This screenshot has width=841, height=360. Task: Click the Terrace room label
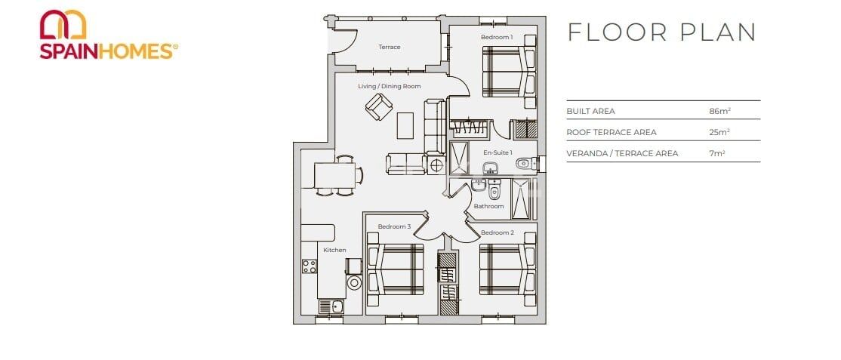[389, 48]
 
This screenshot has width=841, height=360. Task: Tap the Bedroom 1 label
[497, 37]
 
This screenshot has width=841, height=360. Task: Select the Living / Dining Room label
[389, 86]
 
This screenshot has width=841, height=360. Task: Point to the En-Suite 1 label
[498, 152]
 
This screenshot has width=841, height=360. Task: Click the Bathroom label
[488, 206]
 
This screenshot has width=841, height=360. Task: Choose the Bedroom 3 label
[394, 226]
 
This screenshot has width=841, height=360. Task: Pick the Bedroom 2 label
[498, 232]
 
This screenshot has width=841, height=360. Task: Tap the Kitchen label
[334, 250]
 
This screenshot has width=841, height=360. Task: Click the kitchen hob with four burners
[310, 266]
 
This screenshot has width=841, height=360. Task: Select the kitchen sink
[330, 306]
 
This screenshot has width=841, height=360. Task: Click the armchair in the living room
[377, 107]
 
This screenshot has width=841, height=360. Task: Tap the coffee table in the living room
[406, 125]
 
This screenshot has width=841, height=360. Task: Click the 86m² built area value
[719, 111]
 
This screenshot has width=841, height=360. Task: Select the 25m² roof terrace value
[719, 132]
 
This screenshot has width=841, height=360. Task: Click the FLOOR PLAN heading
[661, 32]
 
